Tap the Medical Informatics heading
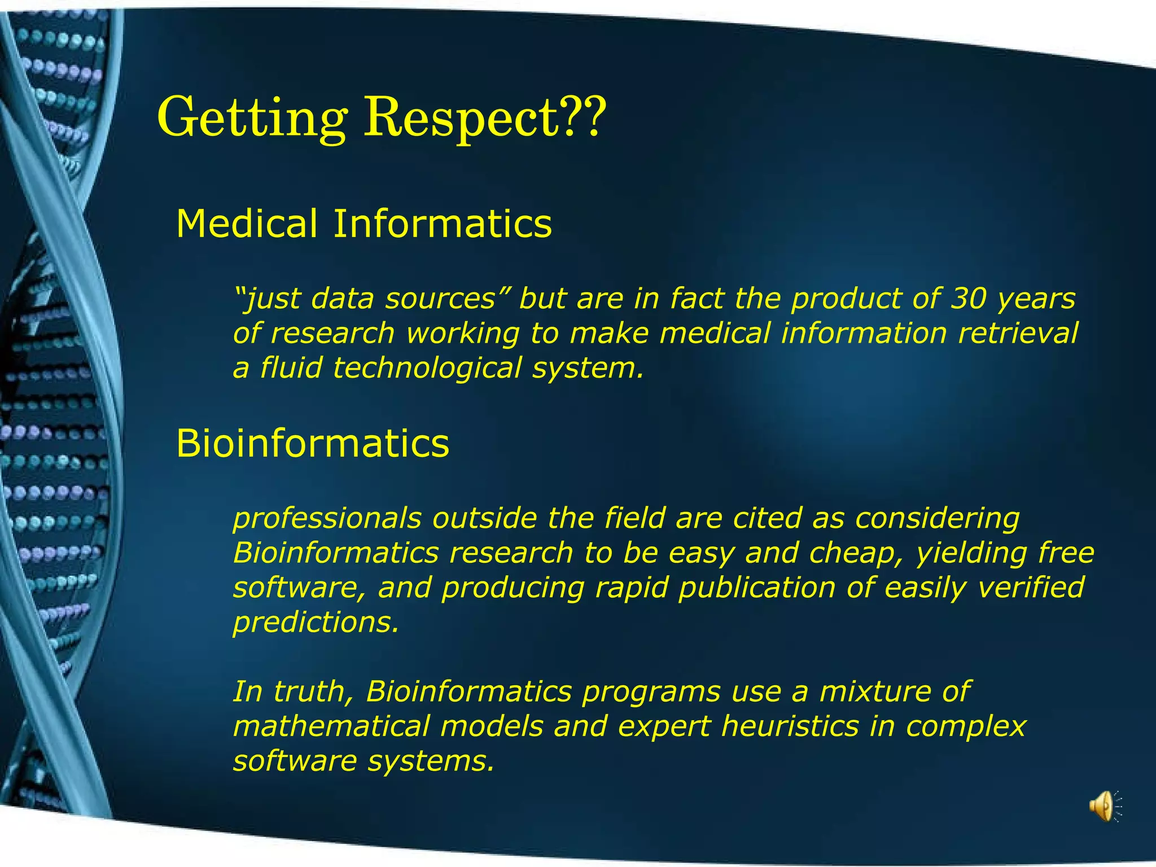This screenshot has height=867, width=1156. [364, 224]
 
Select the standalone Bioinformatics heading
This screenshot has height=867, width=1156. [313, 443]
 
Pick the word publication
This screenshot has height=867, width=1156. [756, 587]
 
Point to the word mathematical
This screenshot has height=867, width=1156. [331, 726]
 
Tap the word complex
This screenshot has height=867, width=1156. [966, 726]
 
